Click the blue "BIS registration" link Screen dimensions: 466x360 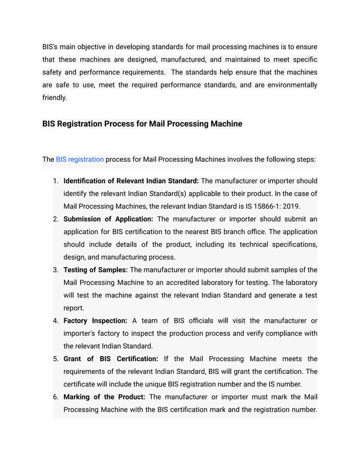coord(80,159)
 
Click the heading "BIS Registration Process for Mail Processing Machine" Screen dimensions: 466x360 coord(142,124)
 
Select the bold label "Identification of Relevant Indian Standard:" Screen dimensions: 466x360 coord(131,181)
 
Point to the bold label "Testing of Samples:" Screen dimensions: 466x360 coord(95,270)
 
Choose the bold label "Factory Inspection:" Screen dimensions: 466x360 coord(95,320)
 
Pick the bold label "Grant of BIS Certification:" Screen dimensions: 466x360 coord(111,359)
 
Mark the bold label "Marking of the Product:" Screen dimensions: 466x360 coord(104,397)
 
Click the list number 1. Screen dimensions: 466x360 coord(56,181)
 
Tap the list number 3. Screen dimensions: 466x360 coord(56,270)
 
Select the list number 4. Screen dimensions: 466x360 coord(56,320)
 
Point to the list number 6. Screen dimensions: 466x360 coord(56,397)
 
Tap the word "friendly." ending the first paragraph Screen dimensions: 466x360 coord(55,98)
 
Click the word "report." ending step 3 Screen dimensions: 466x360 coord(73,308)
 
